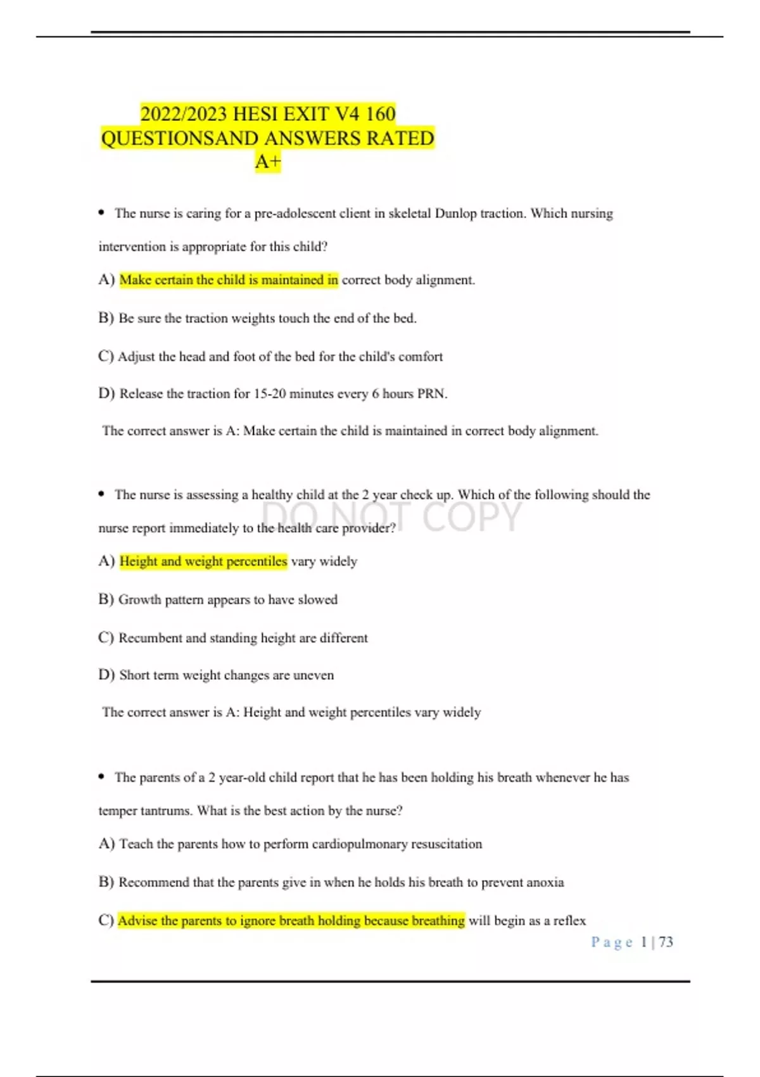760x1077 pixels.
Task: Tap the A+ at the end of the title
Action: pyautogui.click(x=267, y=162)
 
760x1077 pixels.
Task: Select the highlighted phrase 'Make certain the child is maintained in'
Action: pyautogui.click(x=229, y=280)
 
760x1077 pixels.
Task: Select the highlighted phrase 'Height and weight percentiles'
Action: pyautogui.click(x=203, y=561)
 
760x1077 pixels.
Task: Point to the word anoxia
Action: pyautogui.click(x=543, y=883)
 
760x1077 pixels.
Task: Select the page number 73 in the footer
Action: pyautogui.click(x=666, y=942)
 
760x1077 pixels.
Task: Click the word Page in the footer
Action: pyautogui.click(x=612, y=942)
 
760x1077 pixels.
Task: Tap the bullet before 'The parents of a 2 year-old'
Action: pyautogui.click(x=101, y=777)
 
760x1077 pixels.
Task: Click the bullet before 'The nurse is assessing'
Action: pyautogui.click(x=101, y=494)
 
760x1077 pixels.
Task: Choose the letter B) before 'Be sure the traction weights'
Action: pyautogui.click(x=106, y=318)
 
